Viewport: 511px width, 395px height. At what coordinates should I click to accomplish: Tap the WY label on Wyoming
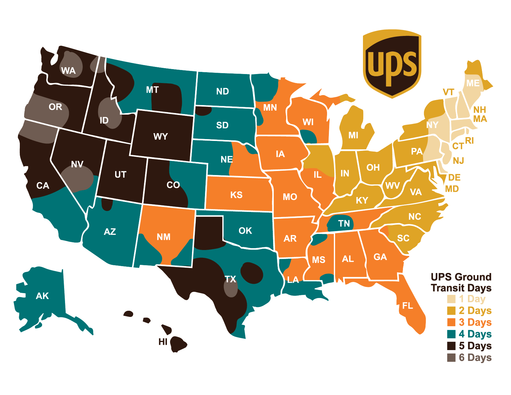pyautogui.click(x=160, y=137)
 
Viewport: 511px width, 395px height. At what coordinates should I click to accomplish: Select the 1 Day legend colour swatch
pyautogui.click(x=451, y=299)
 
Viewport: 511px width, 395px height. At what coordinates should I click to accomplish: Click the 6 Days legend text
pyautogui.click(x=475, y=358)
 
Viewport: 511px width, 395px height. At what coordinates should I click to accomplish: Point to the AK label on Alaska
pyautogui.click(x=42, y=296)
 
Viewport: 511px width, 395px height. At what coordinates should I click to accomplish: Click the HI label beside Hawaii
pyautogui.click(x=163, y=342)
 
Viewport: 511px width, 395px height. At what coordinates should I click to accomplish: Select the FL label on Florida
pyautogui.click(x=408, y=306)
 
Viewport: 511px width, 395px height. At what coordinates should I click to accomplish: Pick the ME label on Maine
pyautogui.click(x=473, y=83)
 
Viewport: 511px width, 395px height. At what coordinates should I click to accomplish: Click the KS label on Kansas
pyautogui.click(x=236, y=195)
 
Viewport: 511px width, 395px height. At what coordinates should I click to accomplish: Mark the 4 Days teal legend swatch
pyautogui.click(x=451, y=334)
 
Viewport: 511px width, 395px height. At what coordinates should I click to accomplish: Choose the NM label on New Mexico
pyautogui.click(x=164, y=237)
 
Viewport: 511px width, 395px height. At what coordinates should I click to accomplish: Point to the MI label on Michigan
pyautogui.click(x=353, y=135)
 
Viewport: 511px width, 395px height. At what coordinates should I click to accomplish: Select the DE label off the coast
pyautogui.click(x=454, y=178)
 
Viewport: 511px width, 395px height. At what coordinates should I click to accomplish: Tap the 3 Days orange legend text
pyautogui.click(x=475, y=322)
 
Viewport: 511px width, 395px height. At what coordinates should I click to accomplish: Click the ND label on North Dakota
pyautogui.click(x=222, y=91)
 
